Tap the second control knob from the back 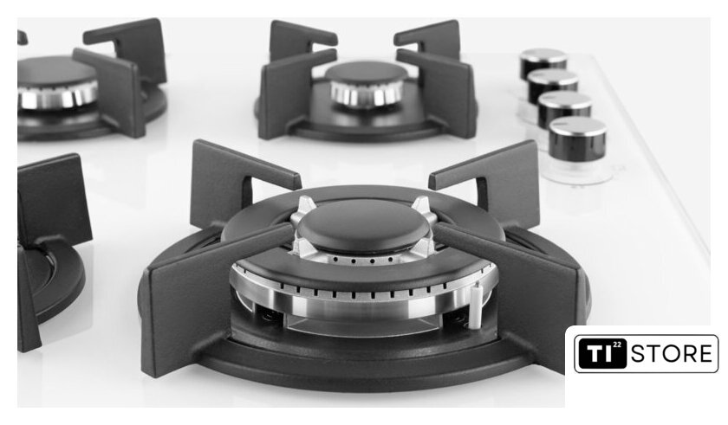pos(553,83)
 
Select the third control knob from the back pos(564,108)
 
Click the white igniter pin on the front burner pos(475,305)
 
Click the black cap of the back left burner pos(55,71)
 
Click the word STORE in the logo pos(672,354)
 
